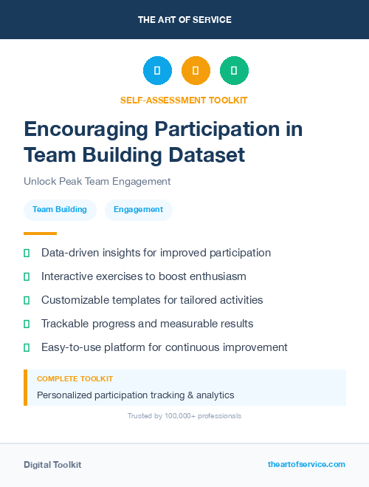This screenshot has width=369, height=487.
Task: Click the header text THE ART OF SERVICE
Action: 184,20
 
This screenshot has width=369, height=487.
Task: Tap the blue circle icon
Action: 157,71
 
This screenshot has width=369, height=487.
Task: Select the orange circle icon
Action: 196,71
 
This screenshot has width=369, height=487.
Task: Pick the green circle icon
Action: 234,71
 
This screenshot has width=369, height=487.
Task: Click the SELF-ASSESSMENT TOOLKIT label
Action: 184,100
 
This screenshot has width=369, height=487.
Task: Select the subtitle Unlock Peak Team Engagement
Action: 97,181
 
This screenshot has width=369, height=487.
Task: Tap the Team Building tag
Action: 60,209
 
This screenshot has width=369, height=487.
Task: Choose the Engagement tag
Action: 138,209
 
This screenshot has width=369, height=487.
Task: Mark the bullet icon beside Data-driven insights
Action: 27,253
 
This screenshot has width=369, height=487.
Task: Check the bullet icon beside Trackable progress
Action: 27,324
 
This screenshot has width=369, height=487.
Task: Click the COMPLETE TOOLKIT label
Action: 75,378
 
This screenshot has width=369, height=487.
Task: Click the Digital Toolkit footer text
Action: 52,465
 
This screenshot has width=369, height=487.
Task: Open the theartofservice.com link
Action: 306,464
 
